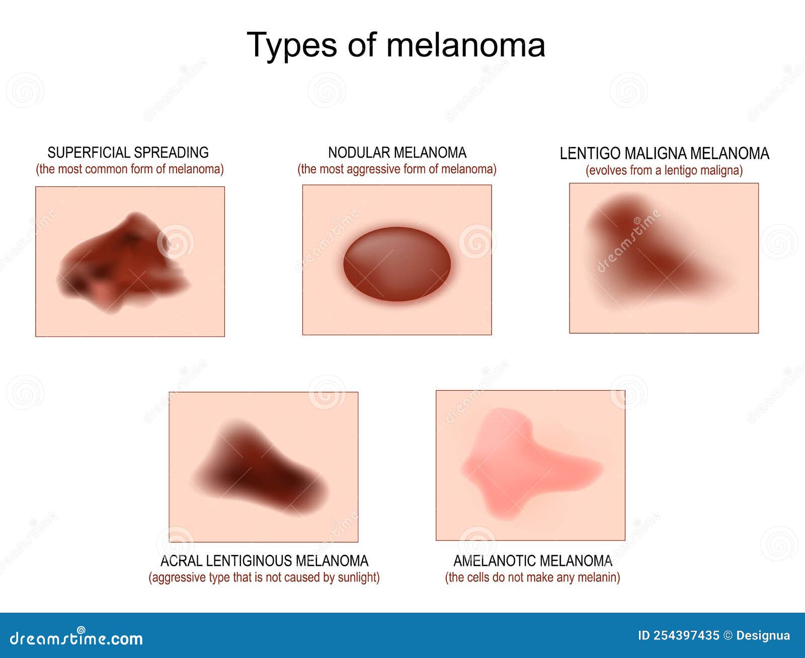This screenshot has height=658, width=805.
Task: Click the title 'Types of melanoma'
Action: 396,45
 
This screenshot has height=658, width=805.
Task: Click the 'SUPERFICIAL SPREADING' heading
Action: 128,153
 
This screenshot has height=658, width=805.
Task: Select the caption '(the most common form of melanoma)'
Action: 130,169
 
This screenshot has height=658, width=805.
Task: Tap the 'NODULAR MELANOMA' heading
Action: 397,153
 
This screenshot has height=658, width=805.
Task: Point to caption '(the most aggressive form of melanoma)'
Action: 396,169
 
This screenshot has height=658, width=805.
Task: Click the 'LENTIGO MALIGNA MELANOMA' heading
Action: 664,154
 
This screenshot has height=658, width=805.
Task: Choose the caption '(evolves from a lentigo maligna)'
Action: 664,170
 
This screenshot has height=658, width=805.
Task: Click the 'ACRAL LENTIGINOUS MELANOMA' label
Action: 264,561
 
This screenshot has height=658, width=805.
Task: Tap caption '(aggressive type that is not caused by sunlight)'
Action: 264,577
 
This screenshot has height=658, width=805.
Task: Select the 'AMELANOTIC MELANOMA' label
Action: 533,561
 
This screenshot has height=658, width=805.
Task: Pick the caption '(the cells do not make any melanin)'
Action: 532,577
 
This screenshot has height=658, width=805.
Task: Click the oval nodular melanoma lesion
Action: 397,264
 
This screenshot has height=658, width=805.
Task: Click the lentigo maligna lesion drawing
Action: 649,247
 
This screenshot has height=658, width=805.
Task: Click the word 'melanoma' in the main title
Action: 465,45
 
